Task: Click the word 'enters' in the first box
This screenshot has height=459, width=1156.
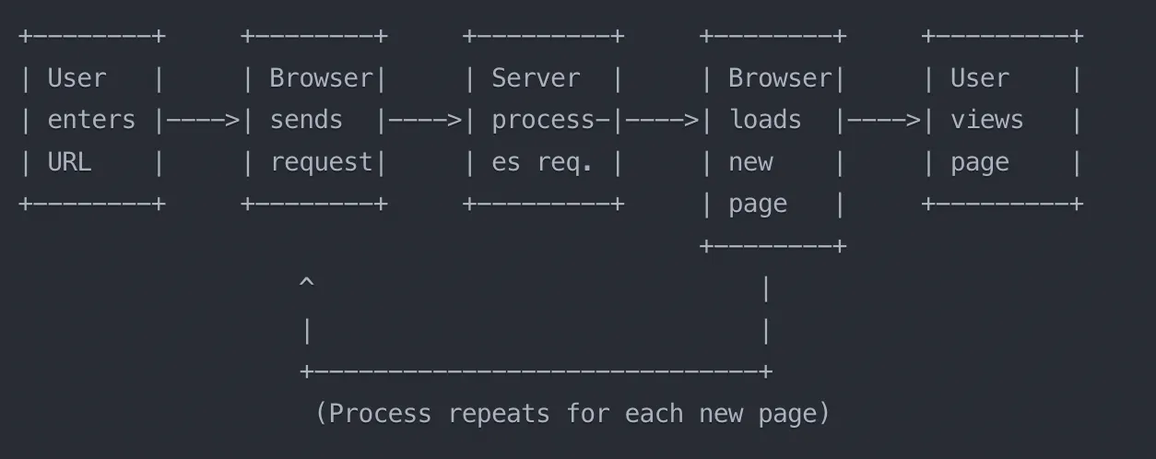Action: (x=91, y=120)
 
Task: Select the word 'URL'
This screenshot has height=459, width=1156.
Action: (x=69, y=162)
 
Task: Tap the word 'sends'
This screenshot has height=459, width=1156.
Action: (x=306, y=120)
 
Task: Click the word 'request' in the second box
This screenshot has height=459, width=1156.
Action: (x=321, y=162)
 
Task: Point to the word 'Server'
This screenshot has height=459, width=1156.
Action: (x=536, y=78)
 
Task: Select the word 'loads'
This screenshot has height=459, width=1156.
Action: (x=765, y=120)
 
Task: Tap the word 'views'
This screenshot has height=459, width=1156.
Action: (x=987, y=120)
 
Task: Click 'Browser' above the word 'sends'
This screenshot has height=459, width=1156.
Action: (x=321, y=78)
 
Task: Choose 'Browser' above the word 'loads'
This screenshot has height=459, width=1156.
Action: (x=780, y=78)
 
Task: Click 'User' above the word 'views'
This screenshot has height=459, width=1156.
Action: (x=980, y=78)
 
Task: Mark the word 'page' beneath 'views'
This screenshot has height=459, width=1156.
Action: (x=980, y=162)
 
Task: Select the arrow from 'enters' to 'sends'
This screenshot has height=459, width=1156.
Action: (x=203, y=120)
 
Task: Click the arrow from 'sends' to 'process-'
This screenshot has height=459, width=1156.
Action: (x=425, y=120)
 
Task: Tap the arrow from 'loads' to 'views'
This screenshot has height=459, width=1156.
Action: (x=884, y=120)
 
